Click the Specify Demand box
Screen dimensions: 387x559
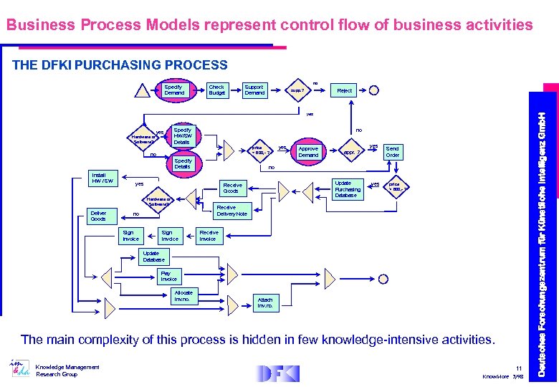(x=174, y=90)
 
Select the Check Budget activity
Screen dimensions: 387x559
(x=216, y=90)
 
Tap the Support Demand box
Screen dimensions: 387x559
(x=254, y=90)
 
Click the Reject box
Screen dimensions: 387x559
(x=345, y=90)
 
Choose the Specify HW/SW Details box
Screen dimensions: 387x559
(x=183, y=136)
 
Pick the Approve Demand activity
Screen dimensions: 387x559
(x=308, y=152)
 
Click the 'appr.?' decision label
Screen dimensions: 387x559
(x=350, y=153)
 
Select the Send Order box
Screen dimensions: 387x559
(x=393, y=152)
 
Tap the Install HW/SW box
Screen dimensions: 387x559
(x=100, y=178)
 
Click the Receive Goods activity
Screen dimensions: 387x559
(x=231, y=188)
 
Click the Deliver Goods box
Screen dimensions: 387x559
(x=98, y=216)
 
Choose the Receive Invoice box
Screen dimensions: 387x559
(x=209, y=235)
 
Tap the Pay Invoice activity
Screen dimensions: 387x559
(x=168, y=276)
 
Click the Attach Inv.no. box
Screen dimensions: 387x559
(x=264, y=302)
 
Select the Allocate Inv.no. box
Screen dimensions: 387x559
(x=182, y=295)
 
